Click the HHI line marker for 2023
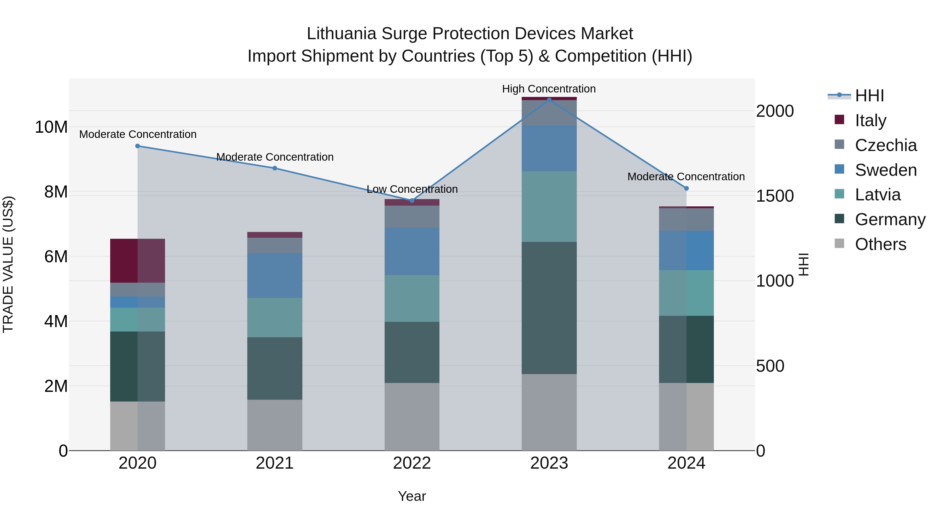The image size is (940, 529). click(549, 100)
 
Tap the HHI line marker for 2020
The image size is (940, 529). click(138, 146)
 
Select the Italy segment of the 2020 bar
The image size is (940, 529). click(138, 261)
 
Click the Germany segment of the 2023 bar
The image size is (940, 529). click(549, 308)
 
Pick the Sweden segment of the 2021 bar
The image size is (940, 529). click(274, 275)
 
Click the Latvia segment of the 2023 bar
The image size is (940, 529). click(549, 206)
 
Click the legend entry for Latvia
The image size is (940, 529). click(877, 195)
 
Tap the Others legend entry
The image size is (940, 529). click(880, 244)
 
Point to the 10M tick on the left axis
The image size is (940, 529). click(51, 127)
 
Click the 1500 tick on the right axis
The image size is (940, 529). click(774, 196)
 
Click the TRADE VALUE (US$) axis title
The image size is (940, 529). click(8, 264)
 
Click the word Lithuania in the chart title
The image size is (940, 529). click(341, 34)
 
